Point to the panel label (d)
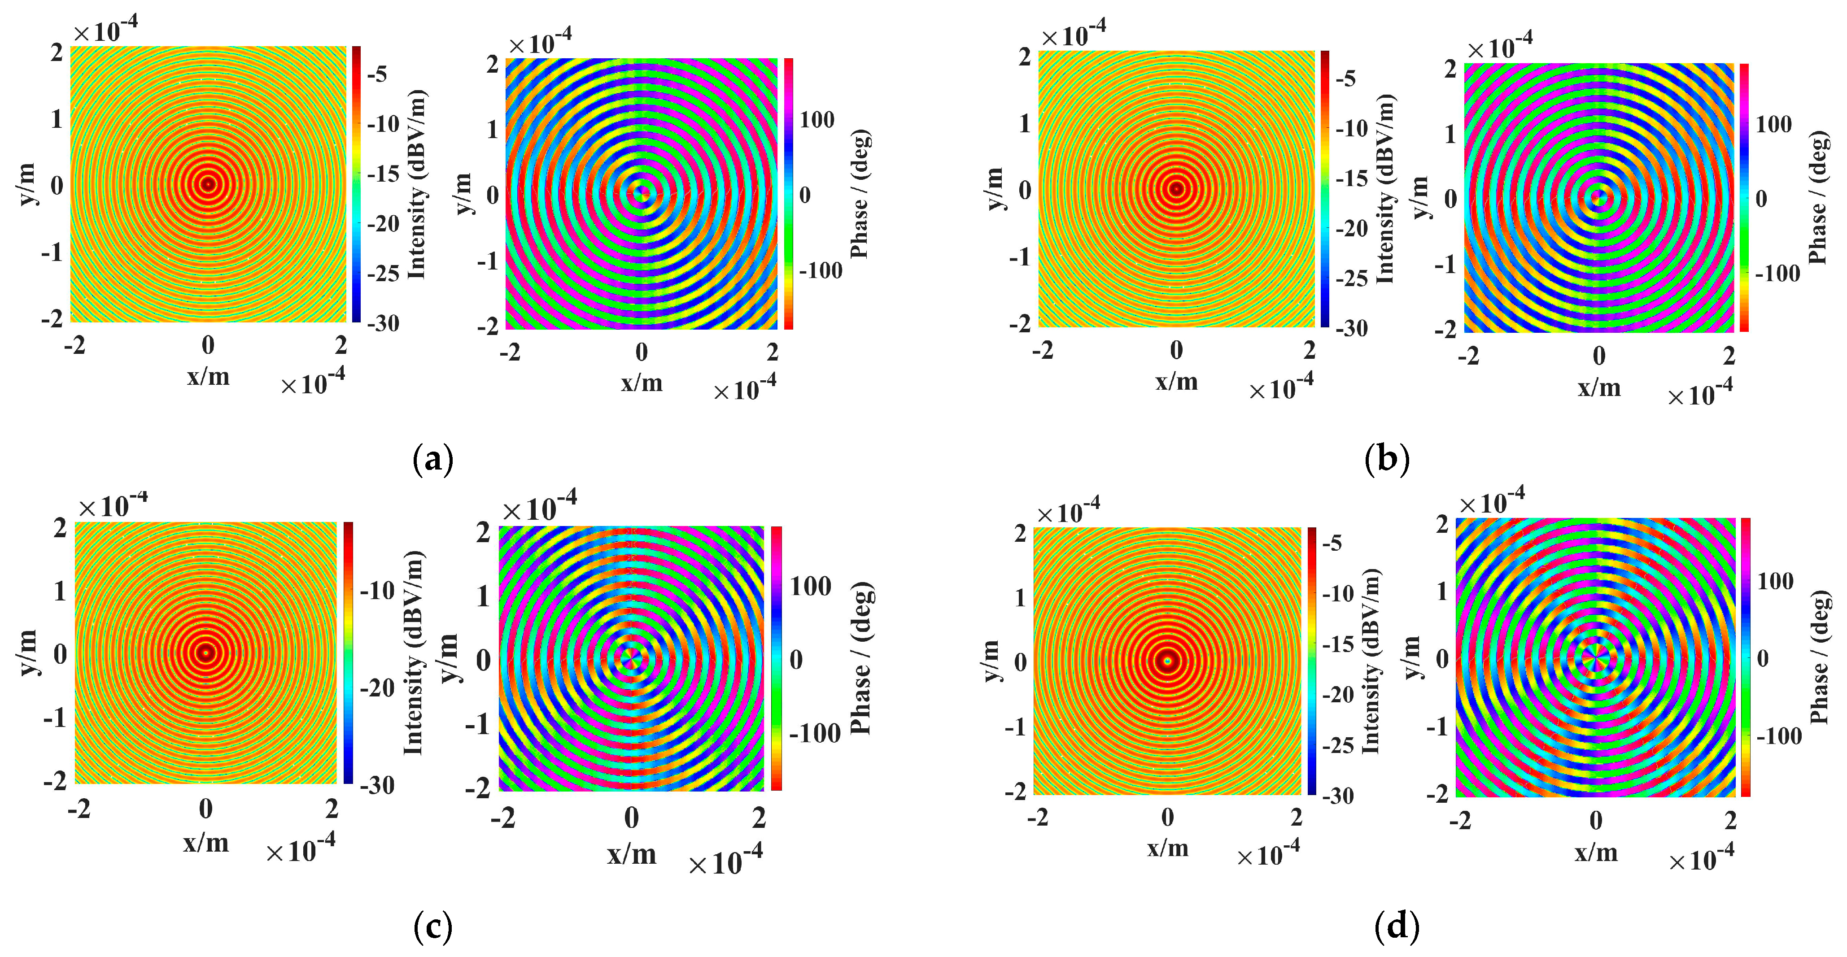click(1397, 927)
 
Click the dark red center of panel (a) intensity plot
click(208, 184)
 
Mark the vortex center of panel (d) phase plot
click(1595, 657)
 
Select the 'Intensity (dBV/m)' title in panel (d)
click(1370, 660)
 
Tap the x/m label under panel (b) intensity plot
click(1177, 381)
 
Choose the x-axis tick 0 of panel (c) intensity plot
click(206, 809)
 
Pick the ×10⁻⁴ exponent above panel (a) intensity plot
click(105, 30)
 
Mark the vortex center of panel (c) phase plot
click(631, 658)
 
